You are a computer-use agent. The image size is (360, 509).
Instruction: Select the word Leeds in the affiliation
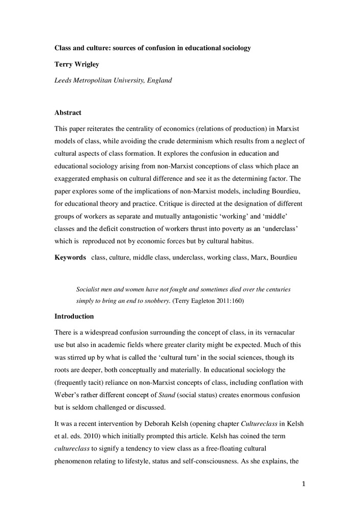point(64,80)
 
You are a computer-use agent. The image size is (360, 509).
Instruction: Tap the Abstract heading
point(68,112)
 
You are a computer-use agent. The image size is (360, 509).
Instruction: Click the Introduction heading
point(74,316)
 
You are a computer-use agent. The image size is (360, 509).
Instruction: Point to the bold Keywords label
point(70,258)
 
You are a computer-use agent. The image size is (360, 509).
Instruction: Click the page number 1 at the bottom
point(303,484)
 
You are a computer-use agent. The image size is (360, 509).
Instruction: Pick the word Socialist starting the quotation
point(89,289)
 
